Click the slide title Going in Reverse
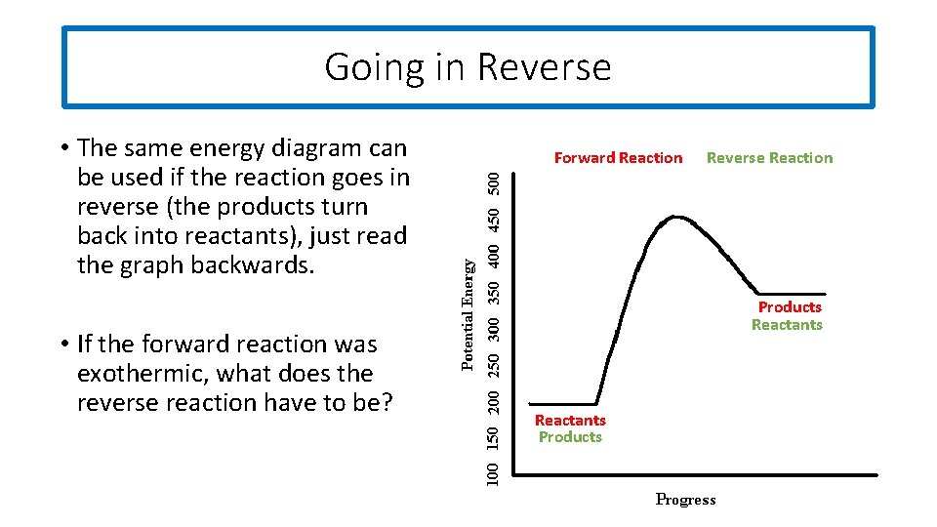[468, 67]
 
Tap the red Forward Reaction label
[618, 158]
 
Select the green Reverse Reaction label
[769, 158]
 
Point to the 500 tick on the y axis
[496, 182]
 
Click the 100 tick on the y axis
[496, 472]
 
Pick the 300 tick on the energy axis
[496, 327]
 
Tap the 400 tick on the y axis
[496, 255]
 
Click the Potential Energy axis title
[468, 313]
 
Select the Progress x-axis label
[685, 500]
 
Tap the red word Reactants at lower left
[570, 421]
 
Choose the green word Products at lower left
[570, 437]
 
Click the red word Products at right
[790, 307]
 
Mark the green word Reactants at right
[787, 325]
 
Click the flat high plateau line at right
[795, 293]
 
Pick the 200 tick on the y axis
[496, 400]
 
